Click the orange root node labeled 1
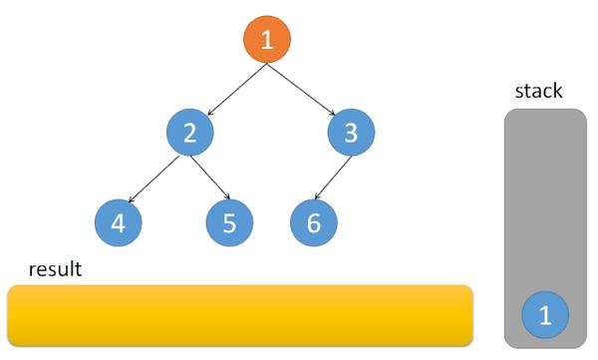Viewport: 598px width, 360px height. click(x=267, y=40)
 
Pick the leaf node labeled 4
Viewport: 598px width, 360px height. click(x=119, y=223)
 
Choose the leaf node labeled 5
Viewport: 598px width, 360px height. click(x=229, y=223)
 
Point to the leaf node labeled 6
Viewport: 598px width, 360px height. click(x=314, y=223)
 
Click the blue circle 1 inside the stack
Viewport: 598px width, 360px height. click(x=544, y=316)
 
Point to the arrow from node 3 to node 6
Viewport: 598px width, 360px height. click(x=333, y=178)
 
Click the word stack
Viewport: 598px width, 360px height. click(x=538, y=91)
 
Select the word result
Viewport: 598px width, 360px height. click(x=55, y=269)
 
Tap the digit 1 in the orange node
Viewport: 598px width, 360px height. click(x=267, y=40)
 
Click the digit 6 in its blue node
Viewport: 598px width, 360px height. click(x=314, y=223)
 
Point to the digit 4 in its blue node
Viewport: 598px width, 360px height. click(x=119, y=223)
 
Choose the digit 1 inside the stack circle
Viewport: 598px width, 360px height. click(x=544, y=316)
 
